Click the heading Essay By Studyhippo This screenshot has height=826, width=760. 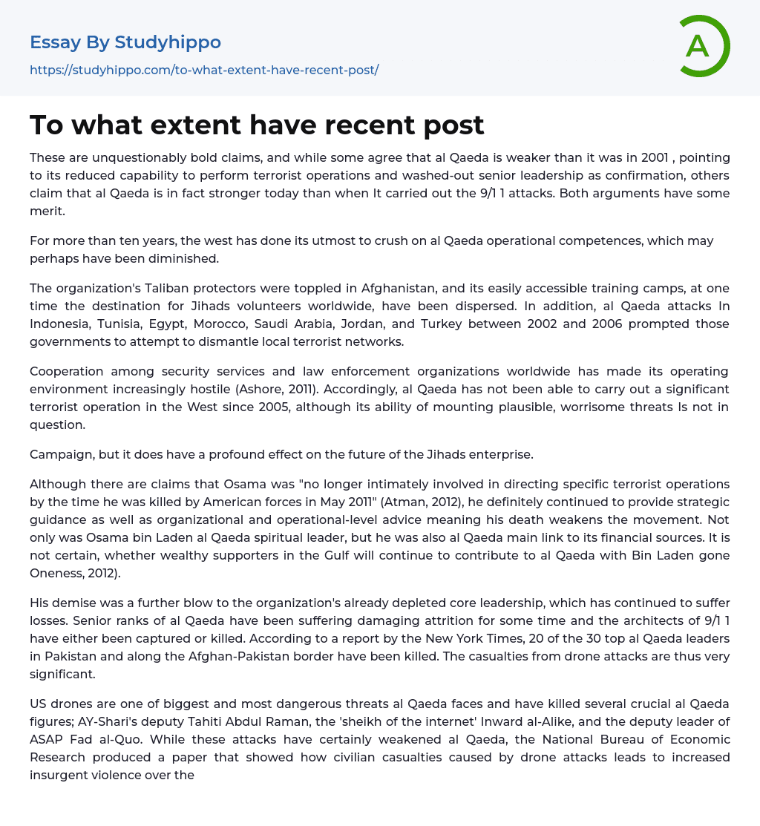(x=125, y=42)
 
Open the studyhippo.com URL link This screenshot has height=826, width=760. (x=204, y=70)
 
